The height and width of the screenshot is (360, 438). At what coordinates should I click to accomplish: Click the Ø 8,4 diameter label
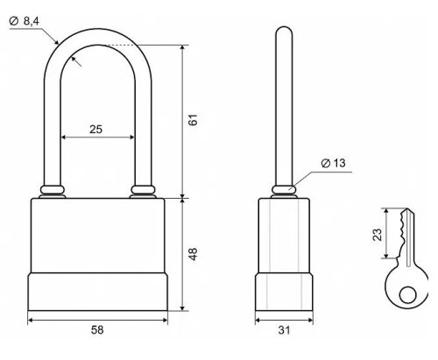point(25,21)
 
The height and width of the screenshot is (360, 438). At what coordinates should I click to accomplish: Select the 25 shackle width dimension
point(95,130)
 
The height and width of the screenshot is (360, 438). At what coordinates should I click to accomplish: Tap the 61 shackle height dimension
point(193,120)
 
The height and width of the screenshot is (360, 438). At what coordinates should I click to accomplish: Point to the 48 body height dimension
point(193,254)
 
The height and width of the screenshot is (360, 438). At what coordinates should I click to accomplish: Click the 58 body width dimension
point(97,330)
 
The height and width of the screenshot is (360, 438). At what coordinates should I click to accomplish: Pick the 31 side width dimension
point(284,330)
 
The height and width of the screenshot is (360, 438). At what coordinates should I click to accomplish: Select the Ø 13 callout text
point(333,163)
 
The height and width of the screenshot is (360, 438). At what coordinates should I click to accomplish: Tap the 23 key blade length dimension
point(378,235)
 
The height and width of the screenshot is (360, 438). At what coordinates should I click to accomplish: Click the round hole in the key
point(407,295)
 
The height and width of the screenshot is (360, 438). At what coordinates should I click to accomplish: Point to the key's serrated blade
point(406,234)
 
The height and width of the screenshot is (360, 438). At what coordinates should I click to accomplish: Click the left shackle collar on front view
point(53,190)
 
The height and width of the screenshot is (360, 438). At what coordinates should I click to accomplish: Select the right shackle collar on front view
point(143,190)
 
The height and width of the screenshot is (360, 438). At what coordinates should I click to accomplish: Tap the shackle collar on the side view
point(284,190)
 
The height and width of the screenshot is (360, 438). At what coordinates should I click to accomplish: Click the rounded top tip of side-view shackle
point(284,27)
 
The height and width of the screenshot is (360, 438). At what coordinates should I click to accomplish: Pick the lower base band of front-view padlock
point(97,292)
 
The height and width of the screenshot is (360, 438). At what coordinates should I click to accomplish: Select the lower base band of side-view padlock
point(284,292)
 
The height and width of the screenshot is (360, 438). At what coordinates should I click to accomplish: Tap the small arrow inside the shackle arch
point(76,61)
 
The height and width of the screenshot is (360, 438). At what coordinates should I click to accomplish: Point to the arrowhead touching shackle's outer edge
point(56,42)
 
